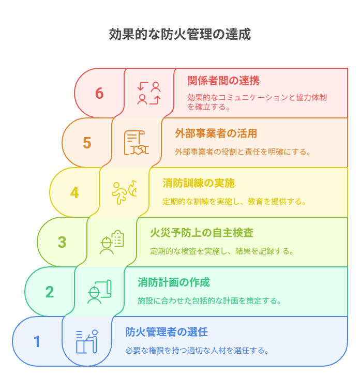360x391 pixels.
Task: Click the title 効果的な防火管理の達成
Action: [180, 34]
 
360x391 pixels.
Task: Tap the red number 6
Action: [99, 93]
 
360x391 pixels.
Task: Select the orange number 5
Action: [87, 143]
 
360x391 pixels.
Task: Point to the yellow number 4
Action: [74, 192]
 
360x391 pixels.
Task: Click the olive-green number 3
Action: [62, 242]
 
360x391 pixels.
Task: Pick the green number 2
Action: [50, 292]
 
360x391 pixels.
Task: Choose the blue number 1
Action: [37, 341]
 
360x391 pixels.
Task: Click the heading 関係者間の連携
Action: [223, 81]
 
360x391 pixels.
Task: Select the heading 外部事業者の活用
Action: [216, 133]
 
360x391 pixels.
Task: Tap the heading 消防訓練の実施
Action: [199, 183]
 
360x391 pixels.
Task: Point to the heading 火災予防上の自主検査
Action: [202, 233]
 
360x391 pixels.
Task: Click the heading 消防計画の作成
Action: [174, 282]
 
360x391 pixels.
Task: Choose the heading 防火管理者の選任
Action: [166, 332]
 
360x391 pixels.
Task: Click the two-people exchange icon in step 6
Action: [149, 93]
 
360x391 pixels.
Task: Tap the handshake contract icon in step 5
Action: [137, 143]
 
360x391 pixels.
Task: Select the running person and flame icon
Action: [124, 192]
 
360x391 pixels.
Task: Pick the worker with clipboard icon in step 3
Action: [112, 242]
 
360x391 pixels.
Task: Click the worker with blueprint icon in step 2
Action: [99, 292]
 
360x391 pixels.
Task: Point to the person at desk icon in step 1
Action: [87, 341]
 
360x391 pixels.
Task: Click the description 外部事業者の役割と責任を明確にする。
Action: [243, 152]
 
